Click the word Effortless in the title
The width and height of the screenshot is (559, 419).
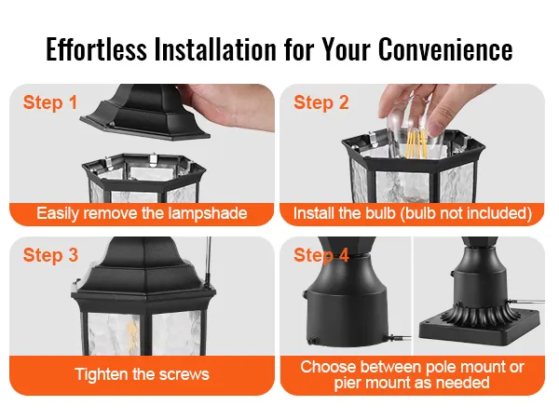pyautogui.click(x=96, y=49)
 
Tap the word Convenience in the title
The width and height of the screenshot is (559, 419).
pyautogui.click(x=445, y=49)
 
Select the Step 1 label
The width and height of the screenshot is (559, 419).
pyautogui.click(x=50, y=103)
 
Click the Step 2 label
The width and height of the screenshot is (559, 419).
pyautogui.click(x=320, y=103)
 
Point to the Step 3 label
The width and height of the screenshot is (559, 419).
pyautogui.click(x=50, y=255)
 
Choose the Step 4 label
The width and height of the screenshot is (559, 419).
pyautogui.click(x=321, y=255)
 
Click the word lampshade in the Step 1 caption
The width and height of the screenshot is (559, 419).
pyautogui.click(x=208, y=213)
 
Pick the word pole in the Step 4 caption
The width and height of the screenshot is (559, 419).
pyautogui.click(x=439, y=368)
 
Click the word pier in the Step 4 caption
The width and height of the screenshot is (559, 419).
pyautogui.click(x=347, y=384)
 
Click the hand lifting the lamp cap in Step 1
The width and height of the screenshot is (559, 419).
pyautogui.click(x=228, y=106)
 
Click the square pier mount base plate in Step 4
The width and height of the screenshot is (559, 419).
pyautogui.click(x=482, y=327)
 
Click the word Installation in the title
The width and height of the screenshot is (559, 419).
pyautogui.click(x=216, y=49)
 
